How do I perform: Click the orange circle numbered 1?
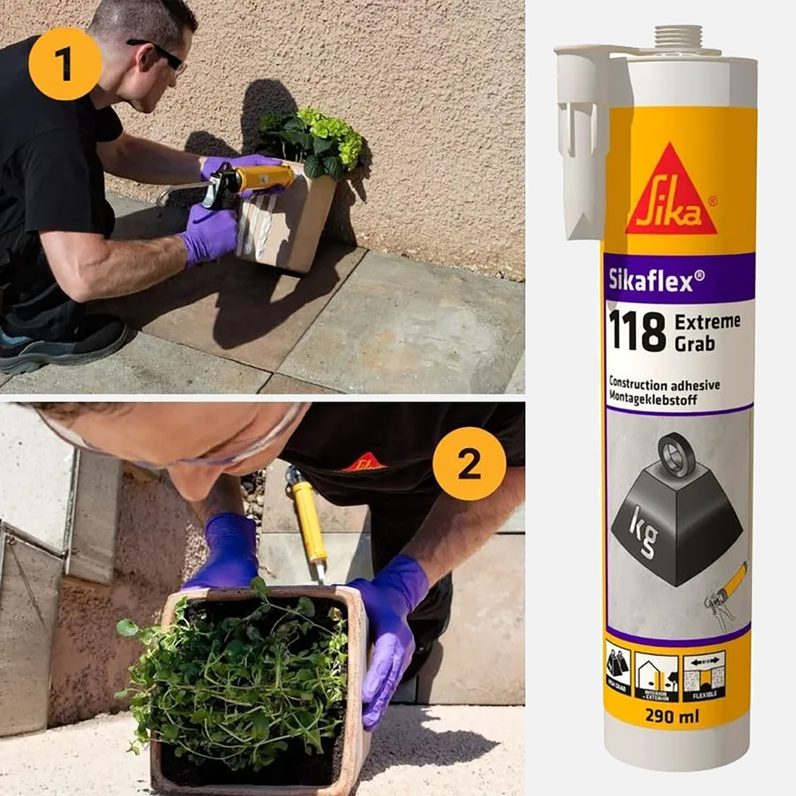[65, 64]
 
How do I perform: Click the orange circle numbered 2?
[469, 464]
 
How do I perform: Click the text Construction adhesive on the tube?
[664, 385]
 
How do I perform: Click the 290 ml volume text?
[672, 716]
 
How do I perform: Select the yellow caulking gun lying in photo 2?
[307, 520]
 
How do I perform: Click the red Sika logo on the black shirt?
[364, 462]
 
